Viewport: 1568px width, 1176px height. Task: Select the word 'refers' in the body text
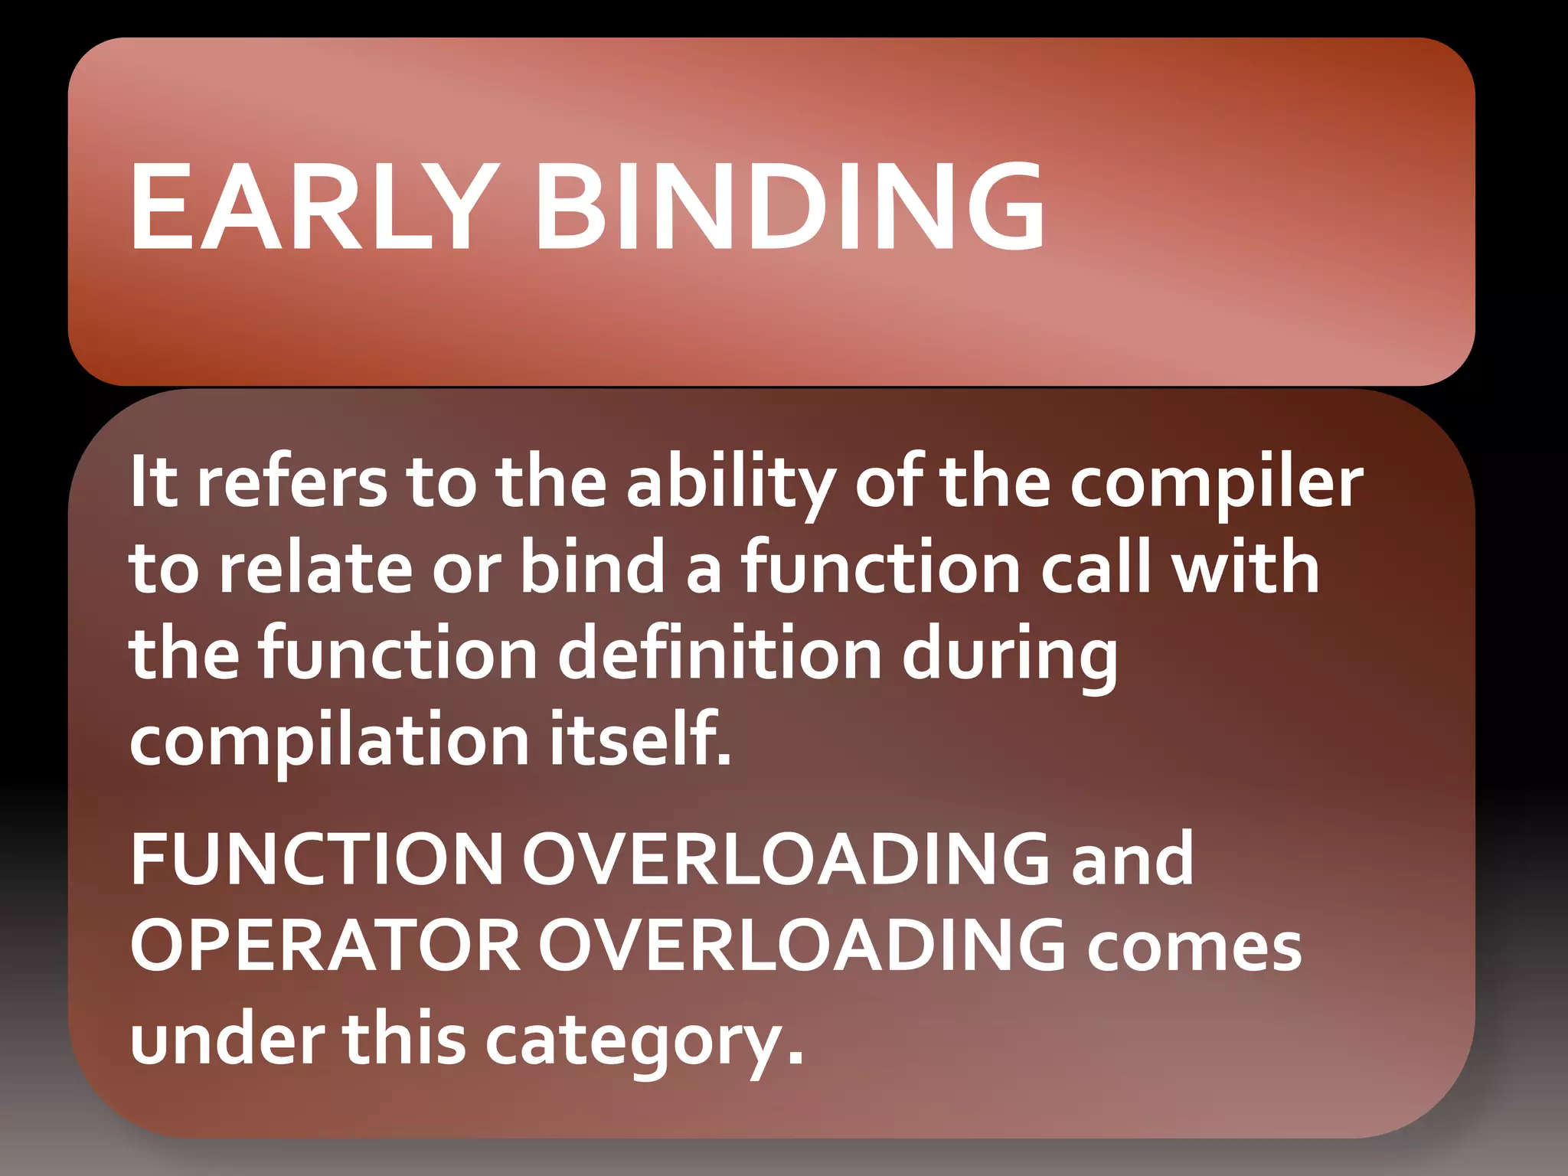click(x=292, y=482)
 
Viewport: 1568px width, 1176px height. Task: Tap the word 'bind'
click(x=593, y=567)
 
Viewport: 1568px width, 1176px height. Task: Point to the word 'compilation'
click(x=329, y=741)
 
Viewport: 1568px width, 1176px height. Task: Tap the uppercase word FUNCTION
click(x=316, y=859)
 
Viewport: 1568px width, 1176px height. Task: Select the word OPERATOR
click(x=325, y=946)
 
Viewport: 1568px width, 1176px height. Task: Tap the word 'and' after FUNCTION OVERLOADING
click(x=1132, y=859)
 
